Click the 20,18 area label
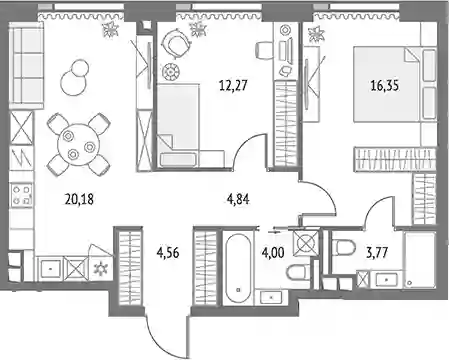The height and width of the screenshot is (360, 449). [x=80, y=200]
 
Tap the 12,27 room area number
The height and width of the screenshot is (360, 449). [x=233, y=86]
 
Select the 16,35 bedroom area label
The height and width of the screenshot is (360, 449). [x=385, y=86]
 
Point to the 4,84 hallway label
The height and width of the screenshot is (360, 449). [x=238, y=200]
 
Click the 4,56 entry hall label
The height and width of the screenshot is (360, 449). [x=168, y=253]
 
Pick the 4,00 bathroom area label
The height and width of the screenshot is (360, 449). [x=273, y=253]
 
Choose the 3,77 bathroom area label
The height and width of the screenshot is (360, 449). [x=377, y=253]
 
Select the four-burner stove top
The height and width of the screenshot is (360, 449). [x=22, y=195]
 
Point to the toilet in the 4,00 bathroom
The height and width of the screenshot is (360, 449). [x=298, y=274]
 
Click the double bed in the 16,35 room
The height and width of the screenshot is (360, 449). [x=395, y=85]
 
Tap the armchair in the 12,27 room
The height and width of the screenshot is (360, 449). [x=176, y=42]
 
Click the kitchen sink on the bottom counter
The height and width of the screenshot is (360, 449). [x=50, y=268]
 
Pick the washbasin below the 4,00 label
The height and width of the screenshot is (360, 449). [x=272, y=297]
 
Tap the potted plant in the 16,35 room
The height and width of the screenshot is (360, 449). [x=316, y=35]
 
